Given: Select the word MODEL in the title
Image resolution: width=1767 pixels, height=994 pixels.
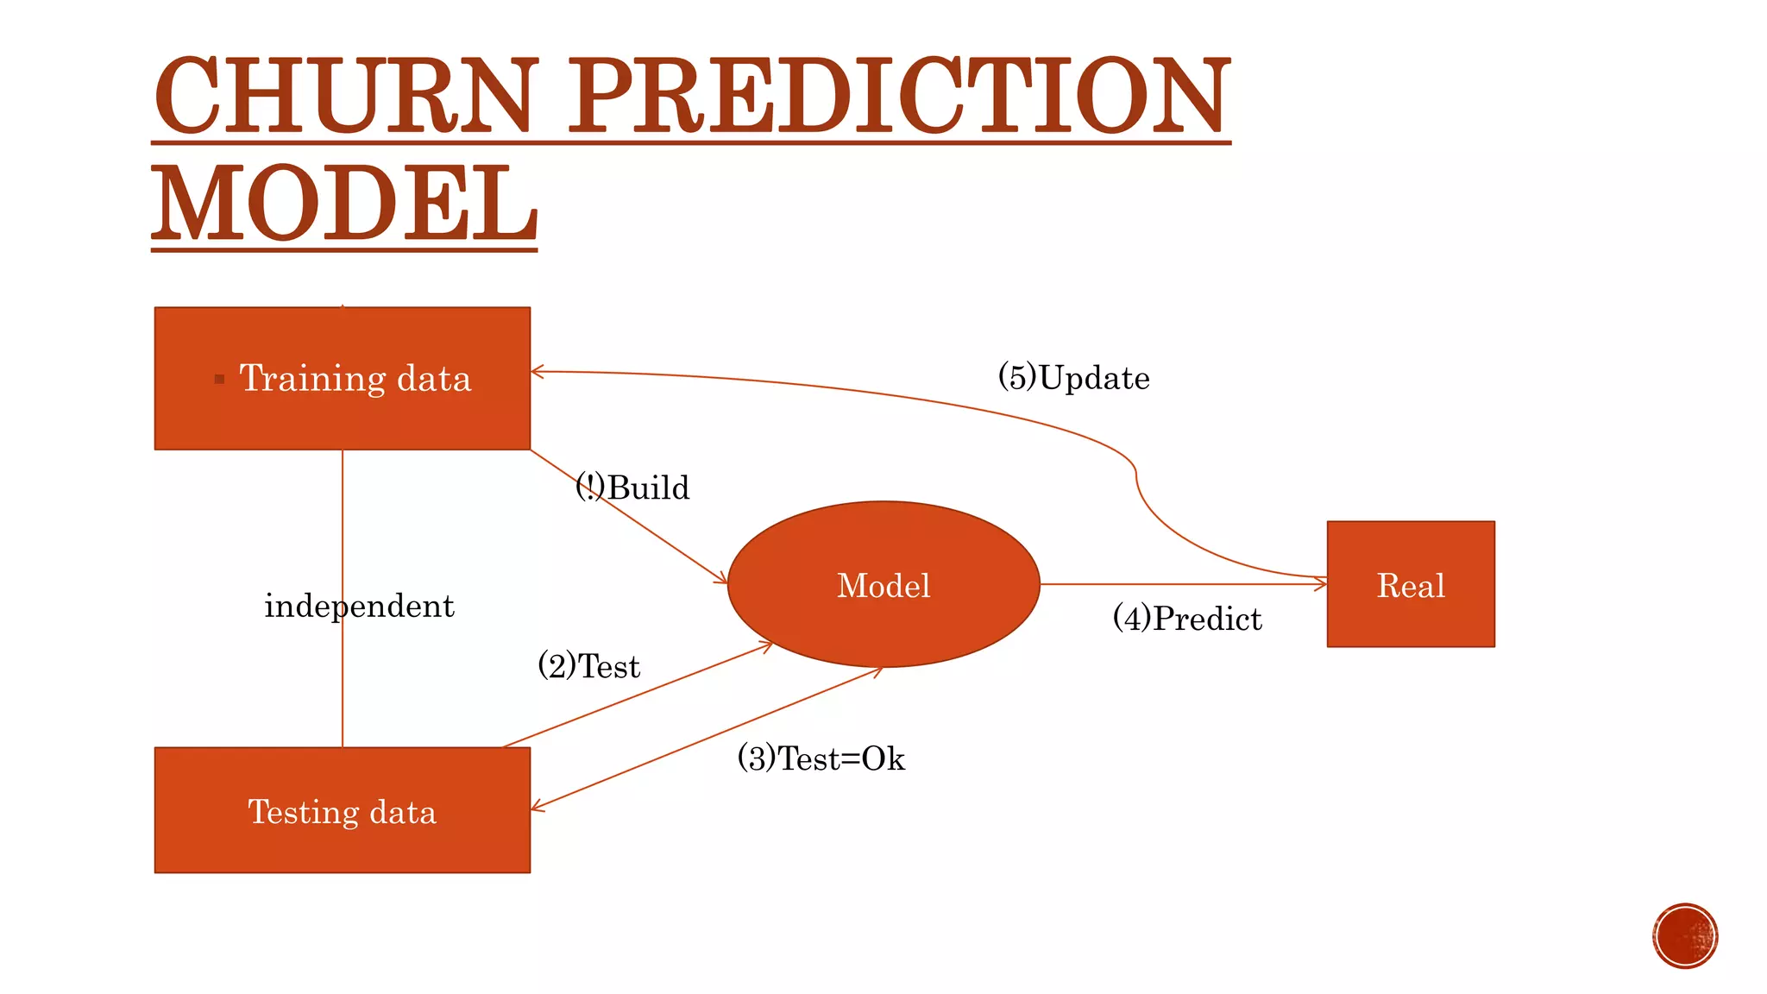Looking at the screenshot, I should [x=345, y=204].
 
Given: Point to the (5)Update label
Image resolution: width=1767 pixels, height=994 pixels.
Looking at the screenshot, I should [x=1073, y=378].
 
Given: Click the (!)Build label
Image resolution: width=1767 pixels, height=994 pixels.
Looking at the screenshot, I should [x=632, y=488].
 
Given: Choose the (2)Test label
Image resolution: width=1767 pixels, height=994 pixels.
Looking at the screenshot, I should [x=588, y=666].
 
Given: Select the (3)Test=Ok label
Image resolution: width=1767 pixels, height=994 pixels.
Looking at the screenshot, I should [x=821, y=758].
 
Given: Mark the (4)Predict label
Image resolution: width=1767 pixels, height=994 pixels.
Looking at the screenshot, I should [x=1187, y=619].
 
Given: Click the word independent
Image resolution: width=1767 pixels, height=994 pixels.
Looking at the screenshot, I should [x=359, y=606].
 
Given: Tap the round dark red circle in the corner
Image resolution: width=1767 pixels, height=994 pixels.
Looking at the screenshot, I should [x=1685, y=936].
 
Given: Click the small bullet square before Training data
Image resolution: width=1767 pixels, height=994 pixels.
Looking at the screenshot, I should [x=219, y=379].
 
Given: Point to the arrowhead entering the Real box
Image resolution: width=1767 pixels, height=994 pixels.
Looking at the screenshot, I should [x=1321, y=584].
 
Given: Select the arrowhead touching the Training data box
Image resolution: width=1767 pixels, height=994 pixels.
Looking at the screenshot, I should [x=537, y=372].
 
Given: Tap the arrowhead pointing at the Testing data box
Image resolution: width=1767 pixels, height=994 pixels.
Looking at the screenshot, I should [x=537, y=807].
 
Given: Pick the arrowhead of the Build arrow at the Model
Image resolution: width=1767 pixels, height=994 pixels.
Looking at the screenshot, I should [x=722, y=580].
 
